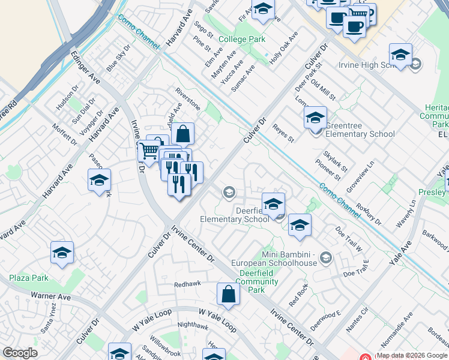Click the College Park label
242,40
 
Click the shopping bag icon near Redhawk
228,295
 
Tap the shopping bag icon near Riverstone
184,133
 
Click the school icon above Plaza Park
62,254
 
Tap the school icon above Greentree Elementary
315,118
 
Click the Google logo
20,353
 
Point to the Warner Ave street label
50,296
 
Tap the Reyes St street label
283,134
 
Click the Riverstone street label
188,98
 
